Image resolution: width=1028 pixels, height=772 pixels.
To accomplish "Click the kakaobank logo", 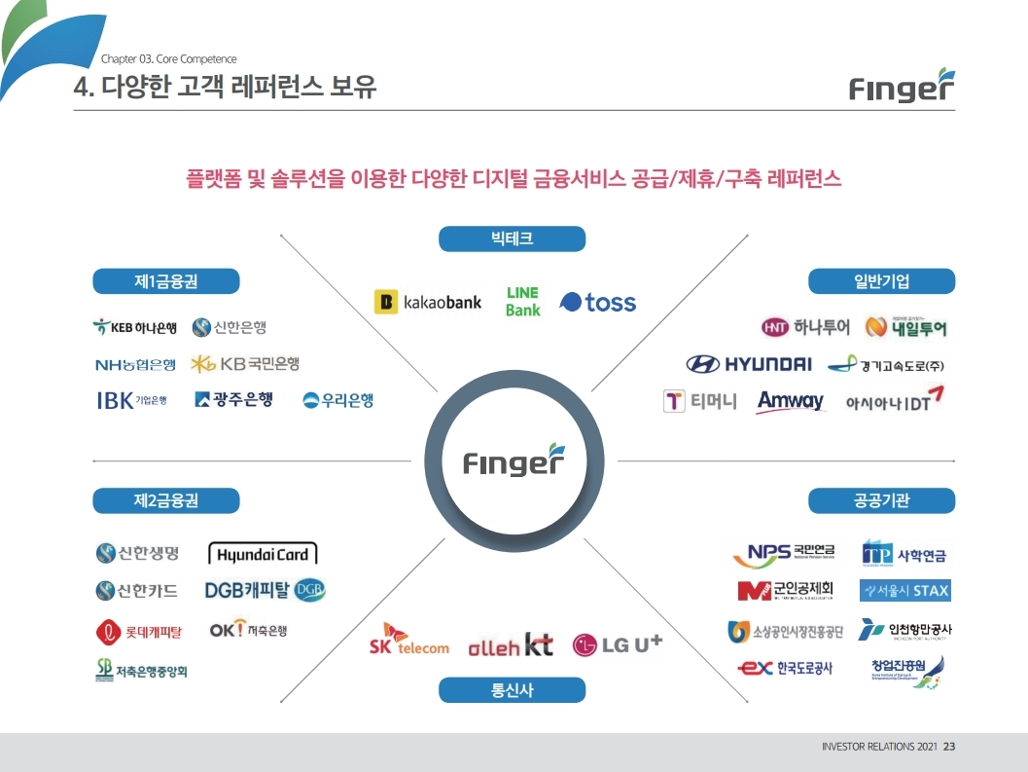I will tap(428, 303).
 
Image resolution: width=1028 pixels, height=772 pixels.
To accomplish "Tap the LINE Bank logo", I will tap(522, 302).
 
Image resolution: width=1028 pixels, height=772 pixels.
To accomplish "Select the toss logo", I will tap(598, 303).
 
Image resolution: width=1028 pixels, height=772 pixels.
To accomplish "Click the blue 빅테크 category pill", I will tap(512, 239).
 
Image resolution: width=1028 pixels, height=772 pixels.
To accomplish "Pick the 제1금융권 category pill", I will tap(166, 281).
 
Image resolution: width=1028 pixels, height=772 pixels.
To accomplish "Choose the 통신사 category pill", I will tap(512, 690).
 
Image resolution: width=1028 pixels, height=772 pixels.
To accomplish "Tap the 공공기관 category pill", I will tap(882, 500).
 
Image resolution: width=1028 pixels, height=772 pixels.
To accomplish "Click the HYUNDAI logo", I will tap(749, 365).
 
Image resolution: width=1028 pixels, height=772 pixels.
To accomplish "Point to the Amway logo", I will tap(790, 401).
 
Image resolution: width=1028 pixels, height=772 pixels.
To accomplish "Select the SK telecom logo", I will tap(408, 641).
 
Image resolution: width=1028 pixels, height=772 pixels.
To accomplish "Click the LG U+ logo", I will tap(618, 643).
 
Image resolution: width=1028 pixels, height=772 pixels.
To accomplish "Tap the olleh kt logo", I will tap(511, 644).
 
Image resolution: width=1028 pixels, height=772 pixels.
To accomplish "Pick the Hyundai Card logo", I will tap(263, 555).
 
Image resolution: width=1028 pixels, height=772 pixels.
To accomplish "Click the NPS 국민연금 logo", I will tap(784, 555).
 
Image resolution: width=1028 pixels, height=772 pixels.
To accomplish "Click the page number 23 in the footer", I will tap(949, 747).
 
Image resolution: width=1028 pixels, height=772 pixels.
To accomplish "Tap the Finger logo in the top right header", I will tap(902, 87).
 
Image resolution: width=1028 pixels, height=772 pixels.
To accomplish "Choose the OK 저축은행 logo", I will tap(248, 630).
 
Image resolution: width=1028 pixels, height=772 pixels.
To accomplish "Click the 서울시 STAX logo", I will tap(904, 591).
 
